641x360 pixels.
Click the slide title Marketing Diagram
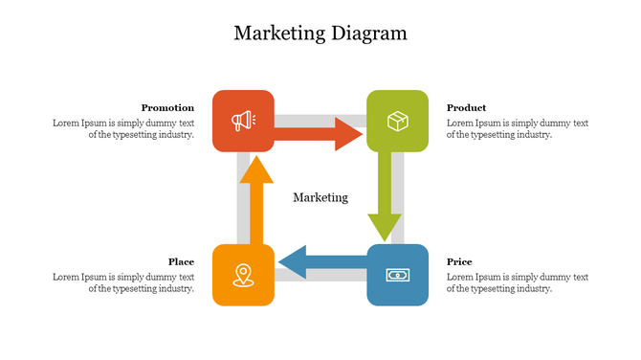pyautogui.click(x=320, y=34)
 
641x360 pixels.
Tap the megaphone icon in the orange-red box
pyautogui.click(x=243, y=121)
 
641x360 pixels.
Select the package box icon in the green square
pyautogui.click(x=397, y=121)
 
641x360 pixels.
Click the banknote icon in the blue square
pyautogui.click(x=397, y=275)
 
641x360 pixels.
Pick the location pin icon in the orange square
pyautogui.click(x=243, y=275)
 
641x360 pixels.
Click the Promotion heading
pyautogui.click(x=167, y=108)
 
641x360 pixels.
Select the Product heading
pyautogui.click(x=466, y=108)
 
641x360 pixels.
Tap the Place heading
pyautogui.click(x=181, y=262)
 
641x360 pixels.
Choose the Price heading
pyautogui.click(x=459, y=262)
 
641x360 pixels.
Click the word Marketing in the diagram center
pyautogui.click(x=320, y=197)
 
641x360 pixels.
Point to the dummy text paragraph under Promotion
pyautogui.click(x=123, y=129)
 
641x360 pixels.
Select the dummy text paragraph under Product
pyautogui.click(x=517, y=129)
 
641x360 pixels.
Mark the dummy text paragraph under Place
pyautogui.click(x=123, y=283)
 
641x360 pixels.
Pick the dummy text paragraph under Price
pyautogui.click(x=517, y=283)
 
